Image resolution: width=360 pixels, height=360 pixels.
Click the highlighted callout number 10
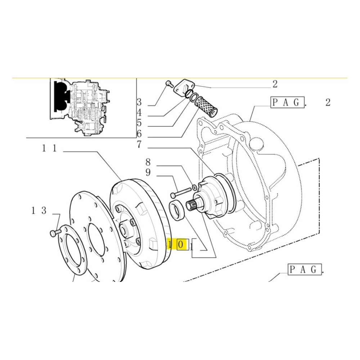coord(177,245)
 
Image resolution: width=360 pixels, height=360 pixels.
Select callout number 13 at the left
coord(39,211)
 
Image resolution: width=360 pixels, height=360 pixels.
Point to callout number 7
coord(139,145)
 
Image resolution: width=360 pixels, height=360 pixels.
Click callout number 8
coord(148,162)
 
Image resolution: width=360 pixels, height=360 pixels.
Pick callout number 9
coord(148,172)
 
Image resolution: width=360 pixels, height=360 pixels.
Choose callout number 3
coord(139,102)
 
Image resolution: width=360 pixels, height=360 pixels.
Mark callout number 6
coord(139,134)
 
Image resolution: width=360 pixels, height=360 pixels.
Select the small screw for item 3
coord(168,84)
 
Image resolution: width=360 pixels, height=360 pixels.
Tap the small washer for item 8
coord(194,187)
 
